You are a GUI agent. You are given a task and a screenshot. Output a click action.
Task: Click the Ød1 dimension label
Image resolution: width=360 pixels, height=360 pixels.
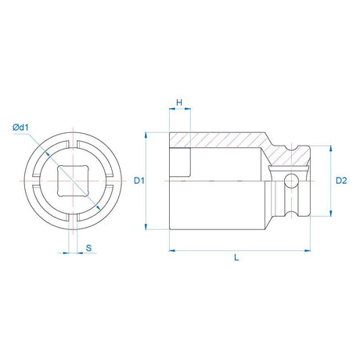click(20, 128)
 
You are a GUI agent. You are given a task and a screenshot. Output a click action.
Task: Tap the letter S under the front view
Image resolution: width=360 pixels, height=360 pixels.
click(89, 248)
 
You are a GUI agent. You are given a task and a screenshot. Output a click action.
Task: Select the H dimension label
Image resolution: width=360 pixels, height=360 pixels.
click(179, 103)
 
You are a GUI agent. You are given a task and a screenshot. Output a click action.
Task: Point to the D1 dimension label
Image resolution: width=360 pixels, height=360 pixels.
click(139, 180)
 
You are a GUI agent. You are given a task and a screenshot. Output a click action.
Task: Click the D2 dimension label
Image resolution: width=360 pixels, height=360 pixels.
click(341, 180)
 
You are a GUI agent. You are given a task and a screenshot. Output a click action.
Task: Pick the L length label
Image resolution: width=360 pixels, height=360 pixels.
click(236, 257)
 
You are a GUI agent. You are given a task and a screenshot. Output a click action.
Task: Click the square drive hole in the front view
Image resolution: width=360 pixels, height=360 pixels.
click(73, 181)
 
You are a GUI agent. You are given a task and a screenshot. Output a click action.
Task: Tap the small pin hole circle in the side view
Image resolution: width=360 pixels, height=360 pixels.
click(291, 181)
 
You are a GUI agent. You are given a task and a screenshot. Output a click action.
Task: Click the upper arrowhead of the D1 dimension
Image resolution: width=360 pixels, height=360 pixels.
click(146, 135)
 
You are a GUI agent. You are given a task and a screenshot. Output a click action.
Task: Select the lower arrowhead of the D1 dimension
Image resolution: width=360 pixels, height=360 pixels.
click(146, 226)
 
